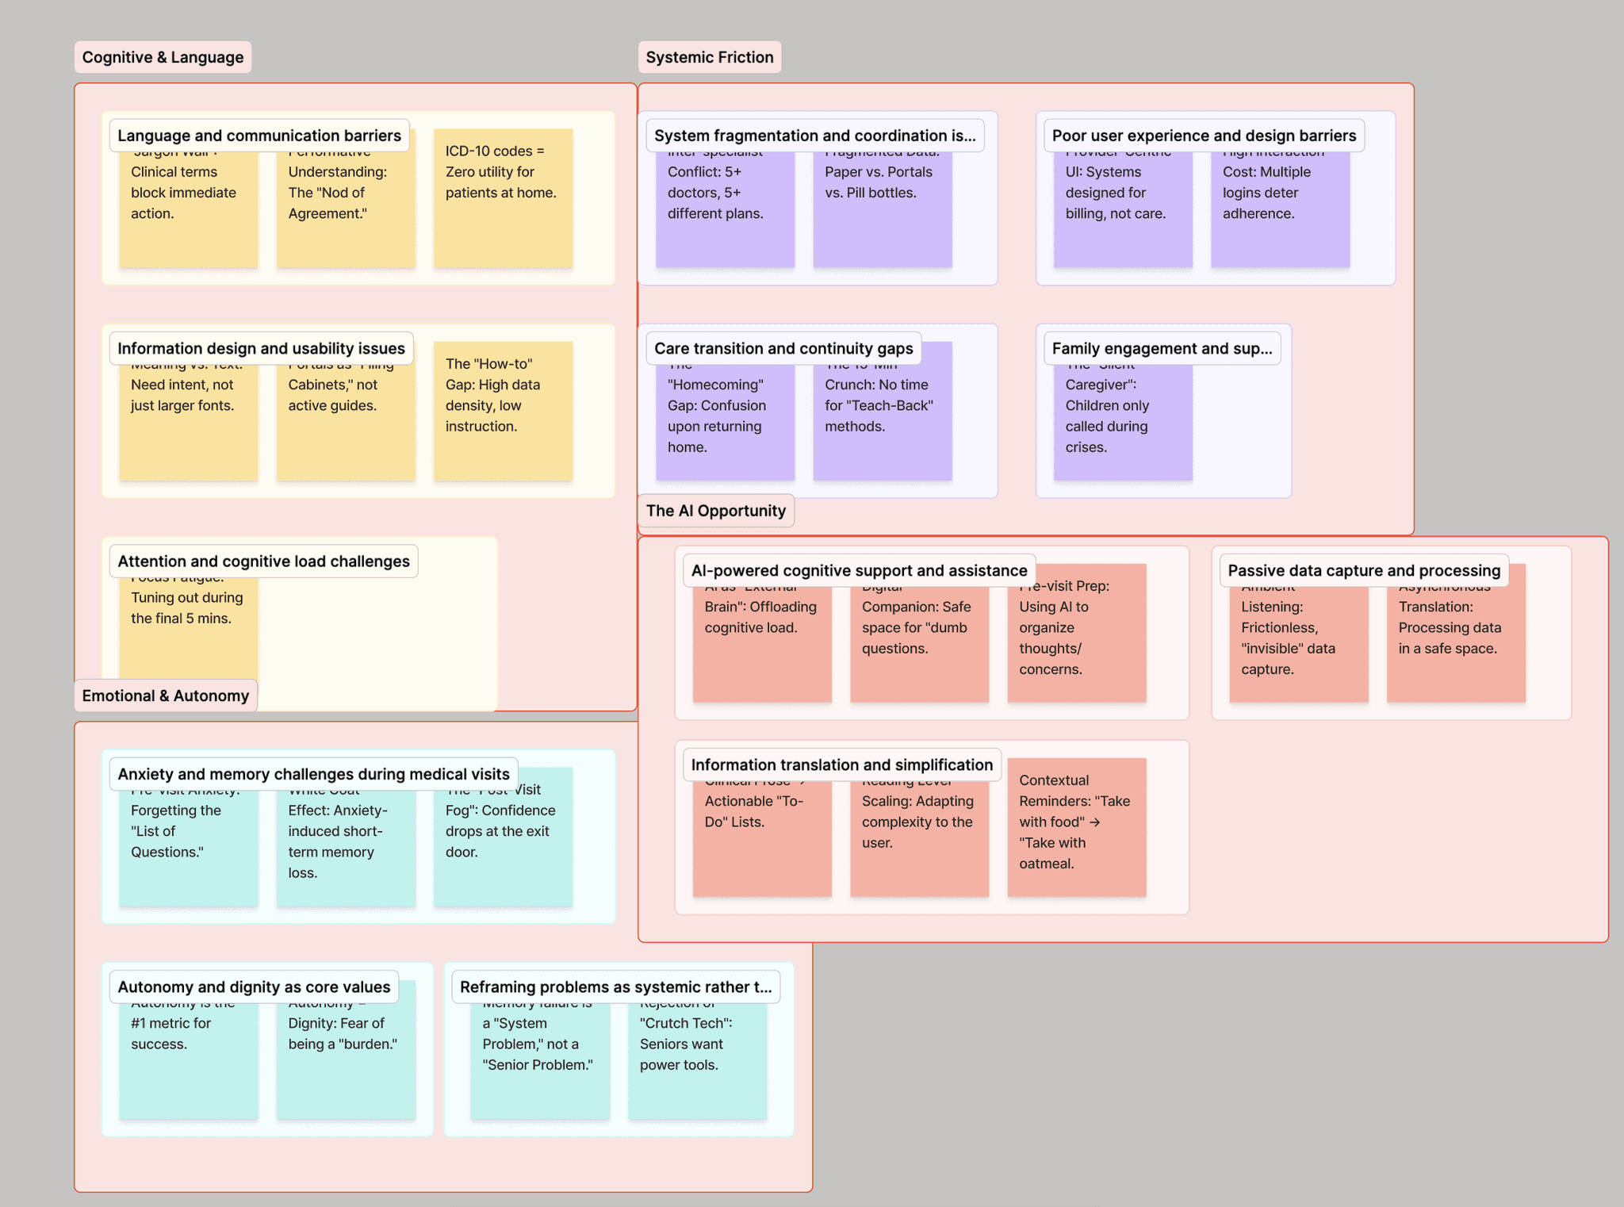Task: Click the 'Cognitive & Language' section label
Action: pyautogui.click(x=163, y=57)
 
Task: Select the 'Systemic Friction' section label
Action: pyautogui.click(x=709, y=57)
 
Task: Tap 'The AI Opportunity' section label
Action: pyautogui.click(x=715, y=511)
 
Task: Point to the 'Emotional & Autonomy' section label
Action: pyautogui.click(x=165, y=695)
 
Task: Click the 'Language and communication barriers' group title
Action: pyautogui.click(x=259, y=136)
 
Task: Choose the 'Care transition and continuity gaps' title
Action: pyautogui.click(x=783, y=348)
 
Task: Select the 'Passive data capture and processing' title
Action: pyautogui.click(x=1363, y=570)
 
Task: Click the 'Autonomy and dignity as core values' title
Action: pyautogui.click(x=254, y=987)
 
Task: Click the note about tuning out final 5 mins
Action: pyautogui.click(x=188, y=626)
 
